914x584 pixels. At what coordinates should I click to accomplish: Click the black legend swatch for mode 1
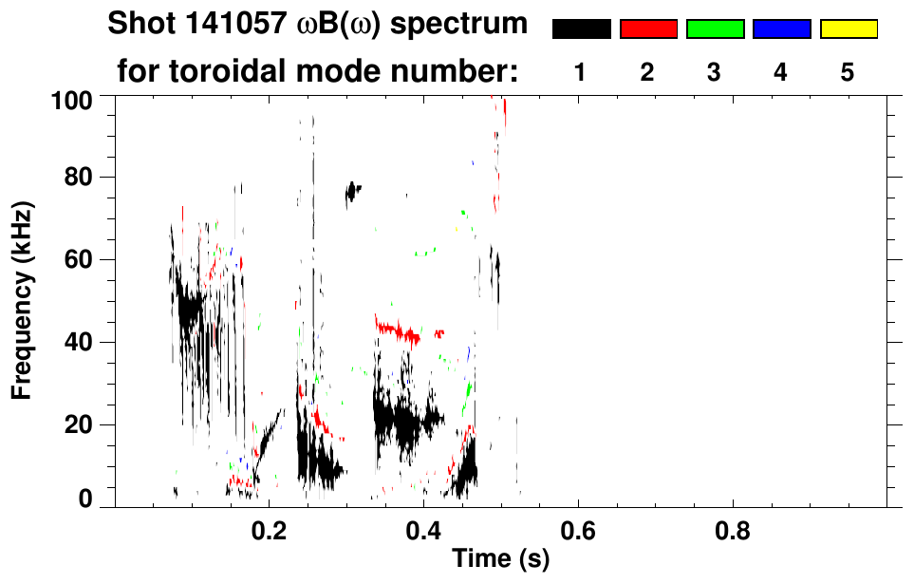[x=581, y=29]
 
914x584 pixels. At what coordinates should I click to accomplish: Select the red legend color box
[x=648, y=29]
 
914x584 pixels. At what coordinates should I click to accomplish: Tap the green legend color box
[x=715, y=29]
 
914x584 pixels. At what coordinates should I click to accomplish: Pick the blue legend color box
[x=781, y=29]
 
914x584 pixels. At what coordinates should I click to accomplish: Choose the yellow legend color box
[x=849, y=29]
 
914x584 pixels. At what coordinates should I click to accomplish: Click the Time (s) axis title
[x=500, y=559]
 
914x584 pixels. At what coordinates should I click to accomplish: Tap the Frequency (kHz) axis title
[x=23, y=300]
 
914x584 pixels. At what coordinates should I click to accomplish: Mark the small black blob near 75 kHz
[x=353, y=192]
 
